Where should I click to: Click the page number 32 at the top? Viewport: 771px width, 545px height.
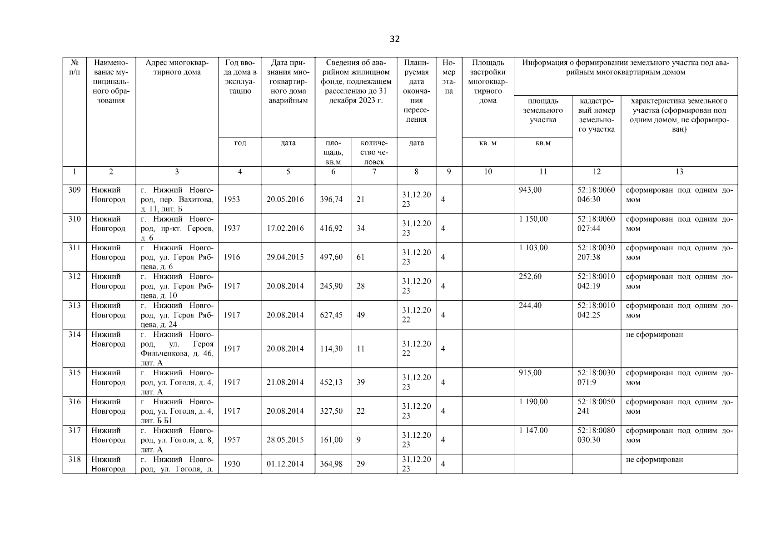(394, 39)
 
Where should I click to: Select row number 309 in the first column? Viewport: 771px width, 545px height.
(75, 190)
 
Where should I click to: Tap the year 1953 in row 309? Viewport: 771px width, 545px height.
(232, 199)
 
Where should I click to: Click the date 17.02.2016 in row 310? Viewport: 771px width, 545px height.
(285, 228)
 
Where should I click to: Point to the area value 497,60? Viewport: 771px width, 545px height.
(331, 257)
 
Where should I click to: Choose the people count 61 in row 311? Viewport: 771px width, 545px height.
(360, 257)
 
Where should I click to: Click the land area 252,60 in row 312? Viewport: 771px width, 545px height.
(530, 277)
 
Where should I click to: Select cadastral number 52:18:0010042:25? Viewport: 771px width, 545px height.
(596, 310)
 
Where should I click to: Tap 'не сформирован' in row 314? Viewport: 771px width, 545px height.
(654, 335)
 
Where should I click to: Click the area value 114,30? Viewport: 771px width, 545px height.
(331, 349)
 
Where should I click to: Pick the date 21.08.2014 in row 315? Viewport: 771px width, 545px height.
(285, 382)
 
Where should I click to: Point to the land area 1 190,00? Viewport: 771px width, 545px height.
(533, 402)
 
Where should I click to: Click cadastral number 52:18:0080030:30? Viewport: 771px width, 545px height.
(596, 435)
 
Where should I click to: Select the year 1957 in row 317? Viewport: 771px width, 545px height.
(232, 440)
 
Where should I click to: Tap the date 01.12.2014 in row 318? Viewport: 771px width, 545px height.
(285, 464)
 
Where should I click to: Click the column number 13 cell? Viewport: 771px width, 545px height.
(679, 172)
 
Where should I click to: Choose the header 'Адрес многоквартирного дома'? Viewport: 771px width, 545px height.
(177, 67)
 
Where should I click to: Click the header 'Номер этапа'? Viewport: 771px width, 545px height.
(448, 77)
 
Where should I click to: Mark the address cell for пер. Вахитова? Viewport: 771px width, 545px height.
(177, 199)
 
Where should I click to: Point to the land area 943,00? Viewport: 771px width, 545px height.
(530, 190)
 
